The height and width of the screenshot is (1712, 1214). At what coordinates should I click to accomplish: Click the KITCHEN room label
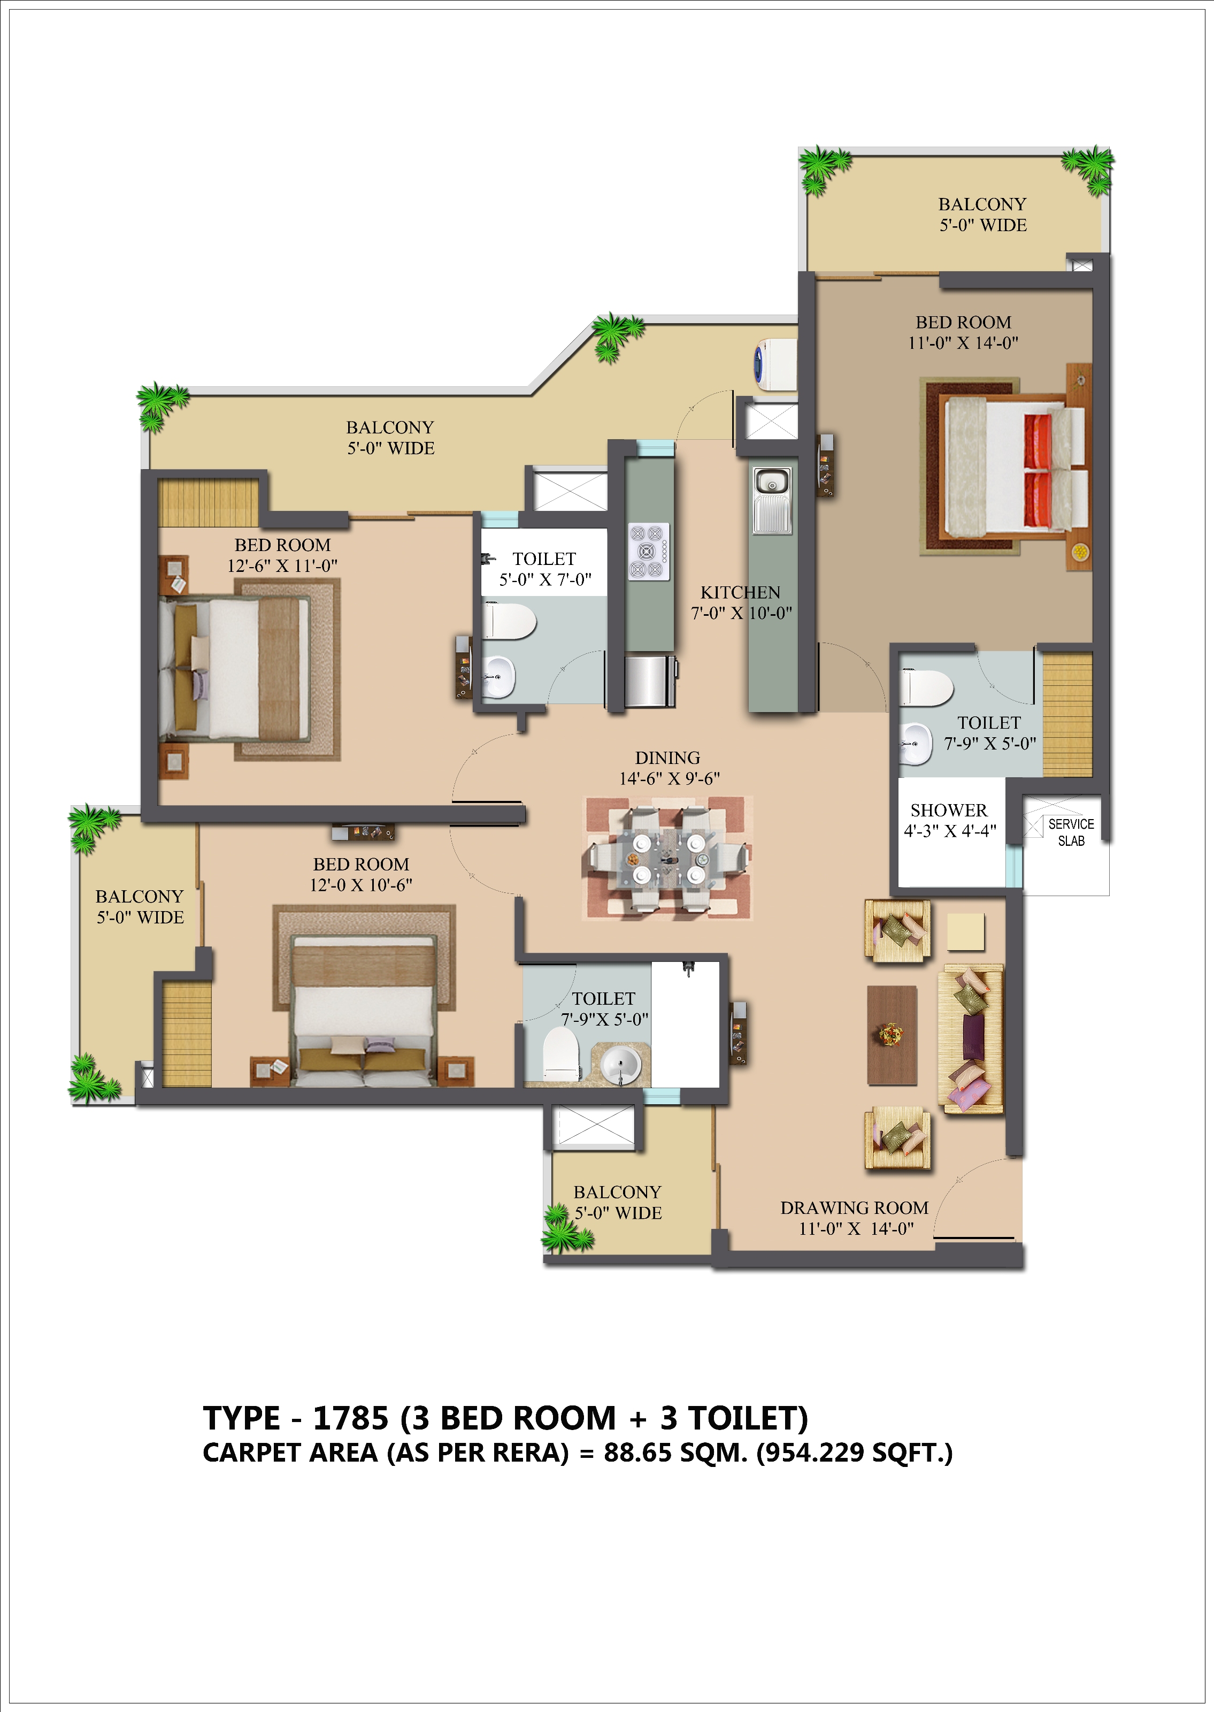click(740, 592)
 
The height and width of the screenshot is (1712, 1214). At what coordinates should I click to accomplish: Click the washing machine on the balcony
click(775, 364)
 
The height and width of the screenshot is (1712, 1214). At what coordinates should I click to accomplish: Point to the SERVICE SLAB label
click(1071, 832)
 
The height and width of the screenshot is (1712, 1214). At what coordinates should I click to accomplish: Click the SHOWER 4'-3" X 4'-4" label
click(949, 820)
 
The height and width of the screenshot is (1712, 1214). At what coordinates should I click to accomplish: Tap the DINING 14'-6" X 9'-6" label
click(669, 768)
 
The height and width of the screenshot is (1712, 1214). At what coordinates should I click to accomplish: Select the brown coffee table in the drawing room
click(892, 1035)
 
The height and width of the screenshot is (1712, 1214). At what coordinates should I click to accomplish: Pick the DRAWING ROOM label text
click(855, 1208)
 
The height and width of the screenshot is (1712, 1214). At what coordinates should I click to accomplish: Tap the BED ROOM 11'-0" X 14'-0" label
click(964, 333)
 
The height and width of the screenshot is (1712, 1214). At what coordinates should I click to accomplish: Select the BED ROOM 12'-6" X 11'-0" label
click(282, 555)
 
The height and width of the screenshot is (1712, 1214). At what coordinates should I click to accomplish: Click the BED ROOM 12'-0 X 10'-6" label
click(361, 874)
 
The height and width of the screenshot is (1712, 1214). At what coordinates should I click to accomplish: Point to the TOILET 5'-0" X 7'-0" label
click(545, 569)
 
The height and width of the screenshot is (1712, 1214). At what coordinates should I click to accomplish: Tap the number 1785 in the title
click(351, 1418)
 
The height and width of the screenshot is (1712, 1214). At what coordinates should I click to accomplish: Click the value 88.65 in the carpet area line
click(637, 1453)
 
